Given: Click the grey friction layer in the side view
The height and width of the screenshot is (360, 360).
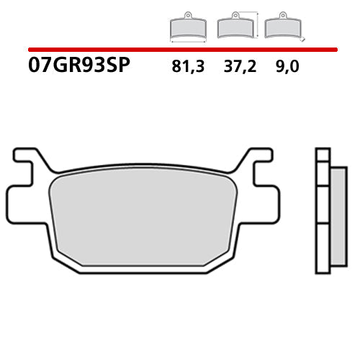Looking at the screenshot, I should tap(336, 216).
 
